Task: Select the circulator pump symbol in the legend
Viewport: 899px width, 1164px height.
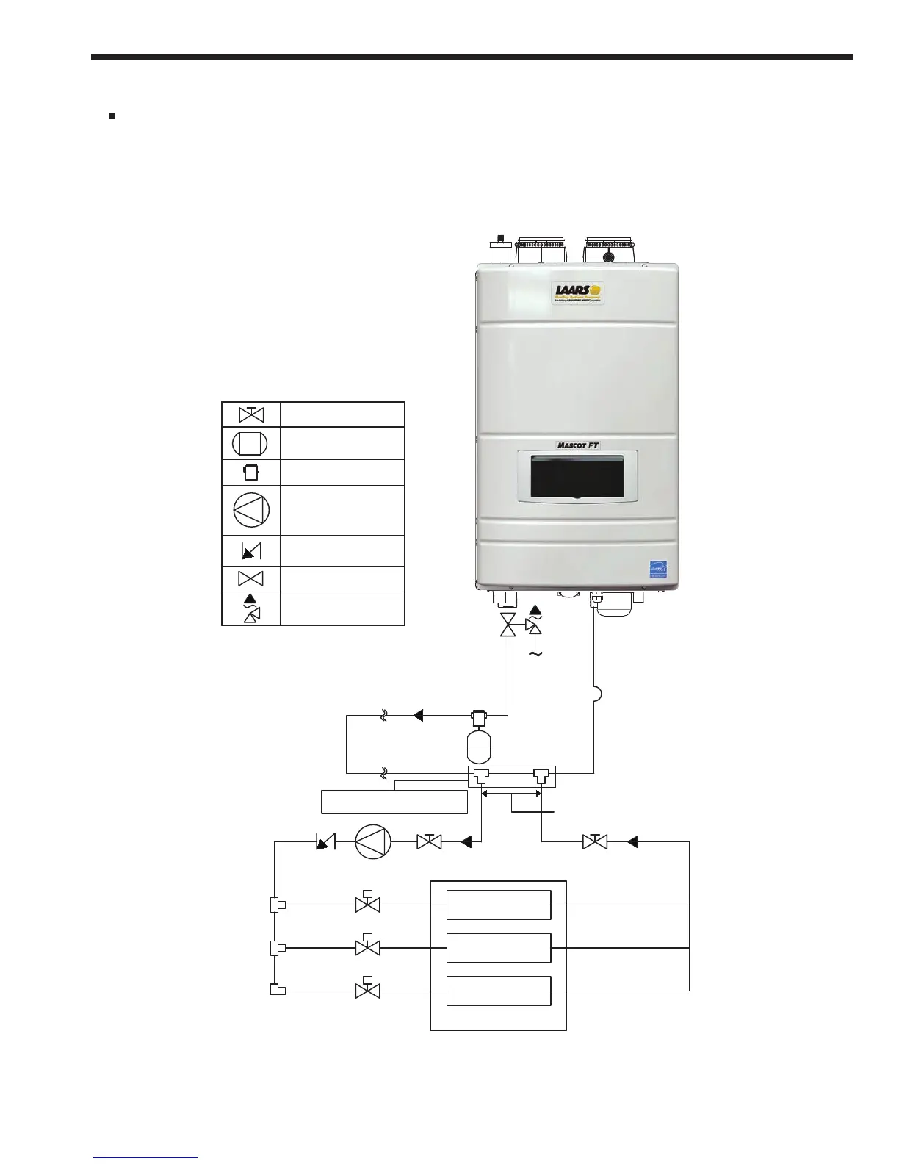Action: point(251,509)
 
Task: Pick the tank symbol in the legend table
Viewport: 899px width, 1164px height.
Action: point(250,443)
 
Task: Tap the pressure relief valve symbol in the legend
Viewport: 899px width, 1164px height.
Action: point(251,608)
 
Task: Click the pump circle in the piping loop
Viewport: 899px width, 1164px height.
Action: point(374,842)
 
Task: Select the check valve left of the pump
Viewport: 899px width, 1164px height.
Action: point(324,842)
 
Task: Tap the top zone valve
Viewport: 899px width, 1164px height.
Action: point(367,903)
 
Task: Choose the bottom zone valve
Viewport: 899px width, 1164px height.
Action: point(367,989)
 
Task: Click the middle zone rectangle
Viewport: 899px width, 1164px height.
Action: point(499,947)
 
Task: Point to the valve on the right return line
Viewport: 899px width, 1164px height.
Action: point(594,841)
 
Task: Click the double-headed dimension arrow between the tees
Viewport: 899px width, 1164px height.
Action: point(511,794)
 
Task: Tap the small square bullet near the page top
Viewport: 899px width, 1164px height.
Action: point(112,115)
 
